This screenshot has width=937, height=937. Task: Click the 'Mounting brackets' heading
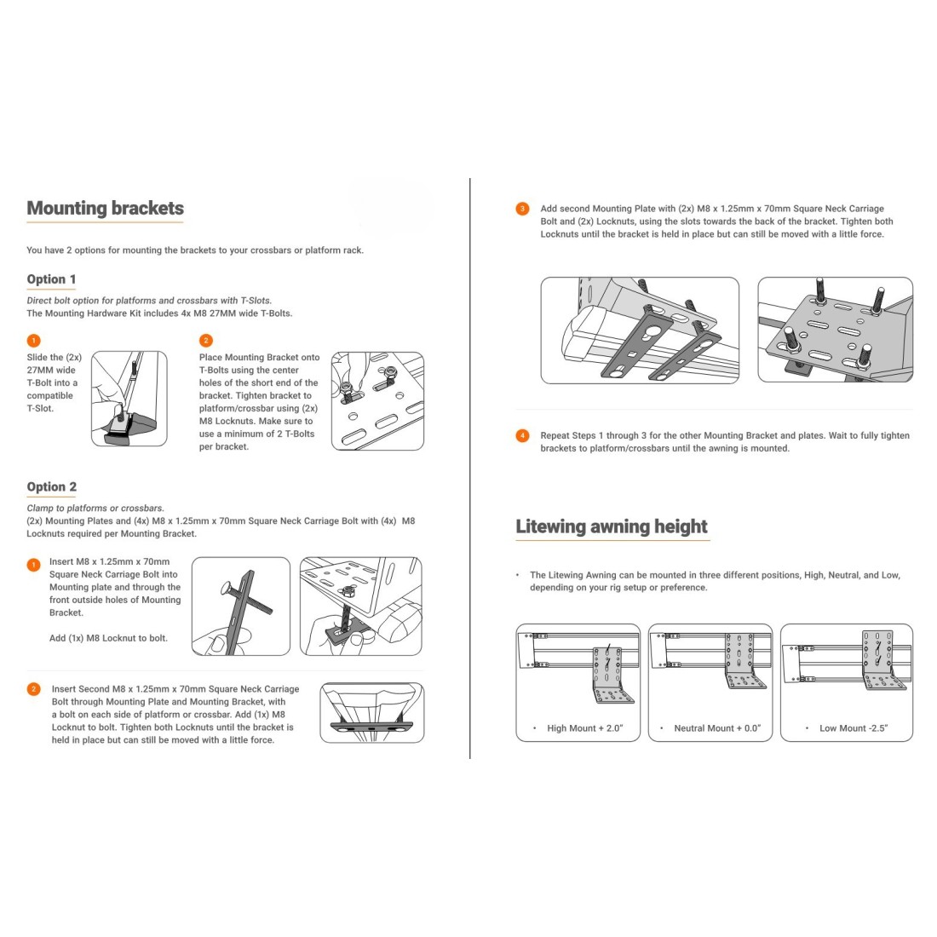pos(105,209)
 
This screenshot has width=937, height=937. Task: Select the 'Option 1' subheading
pos(51,279)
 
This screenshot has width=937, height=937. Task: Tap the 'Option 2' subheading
pos(51,487)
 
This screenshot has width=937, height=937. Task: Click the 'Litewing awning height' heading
pos(612,526)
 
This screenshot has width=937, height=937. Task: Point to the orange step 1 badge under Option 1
pos(33,341)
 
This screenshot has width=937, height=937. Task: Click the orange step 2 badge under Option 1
pos(205,341)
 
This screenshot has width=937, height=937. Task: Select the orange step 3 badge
pos(522,209)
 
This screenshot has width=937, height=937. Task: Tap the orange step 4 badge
pos(522,436)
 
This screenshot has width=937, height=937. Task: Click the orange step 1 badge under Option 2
pos(33,564)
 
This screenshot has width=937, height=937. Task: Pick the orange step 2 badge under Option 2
pos(33,689)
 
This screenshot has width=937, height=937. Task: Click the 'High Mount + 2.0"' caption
pos(585,728)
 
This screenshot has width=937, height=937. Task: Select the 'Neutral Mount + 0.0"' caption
pos(716,728)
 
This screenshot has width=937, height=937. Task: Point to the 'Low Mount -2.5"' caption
pos(853,728)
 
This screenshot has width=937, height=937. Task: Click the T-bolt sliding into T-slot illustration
pos(129,399)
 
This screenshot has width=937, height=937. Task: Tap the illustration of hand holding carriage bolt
pos(241,606)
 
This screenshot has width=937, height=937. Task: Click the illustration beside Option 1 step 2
pos(377,400)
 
